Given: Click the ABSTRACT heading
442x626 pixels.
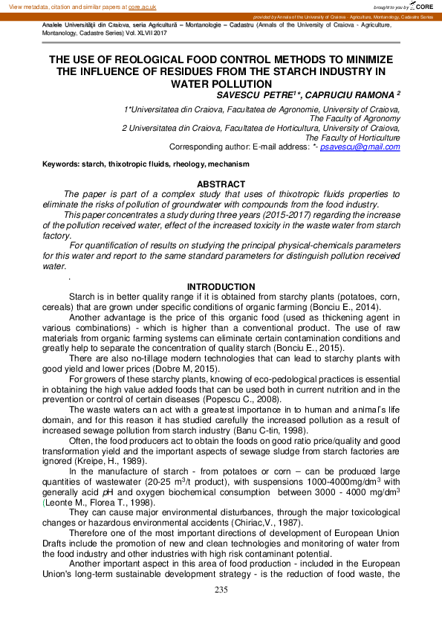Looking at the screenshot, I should coord(221,184).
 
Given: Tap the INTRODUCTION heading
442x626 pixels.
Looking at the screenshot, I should coord(221,287).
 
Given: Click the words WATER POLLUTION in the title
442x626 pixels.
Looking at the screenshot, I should coord(221,83).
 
